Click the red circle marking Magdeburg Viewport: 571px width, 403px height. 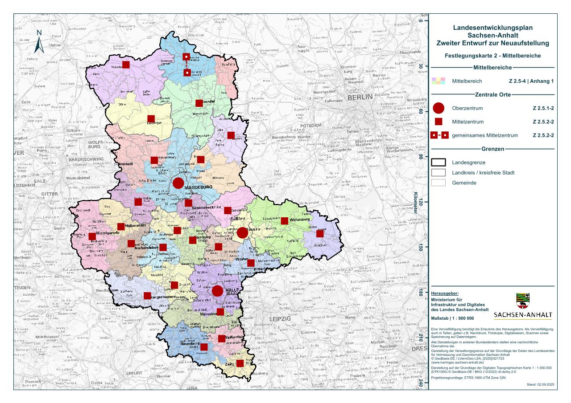click(178, 183)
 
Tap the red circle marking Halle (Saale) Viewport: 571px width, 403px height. click(217, 291)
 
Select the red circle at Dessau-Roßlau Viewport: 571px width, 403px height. click(242, 232)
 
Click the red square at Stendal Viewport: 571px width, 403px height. click(199, 103)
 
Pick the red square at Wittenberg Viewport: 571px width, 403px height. click(284, 221)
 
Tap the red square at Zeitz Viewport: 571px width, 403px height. click(240, 363)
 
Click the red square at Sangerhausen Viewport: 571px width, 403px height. click(147, 296)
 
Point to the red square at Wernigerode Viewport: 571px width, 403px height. click(92, 236)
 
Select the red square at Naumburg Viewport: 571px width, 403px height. click(204, 347)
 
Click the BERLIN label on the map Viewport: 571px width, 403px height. click(360, 98)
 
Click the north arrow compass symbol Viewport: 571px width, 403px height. click(39, 42)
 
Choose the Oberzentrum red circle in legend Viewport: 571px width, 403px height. click(439, 108)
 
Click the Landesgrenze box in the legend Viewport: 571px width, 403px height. click(439, 163)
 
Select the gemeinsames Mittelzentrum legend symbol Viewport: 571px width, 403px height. click(439, 135)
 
